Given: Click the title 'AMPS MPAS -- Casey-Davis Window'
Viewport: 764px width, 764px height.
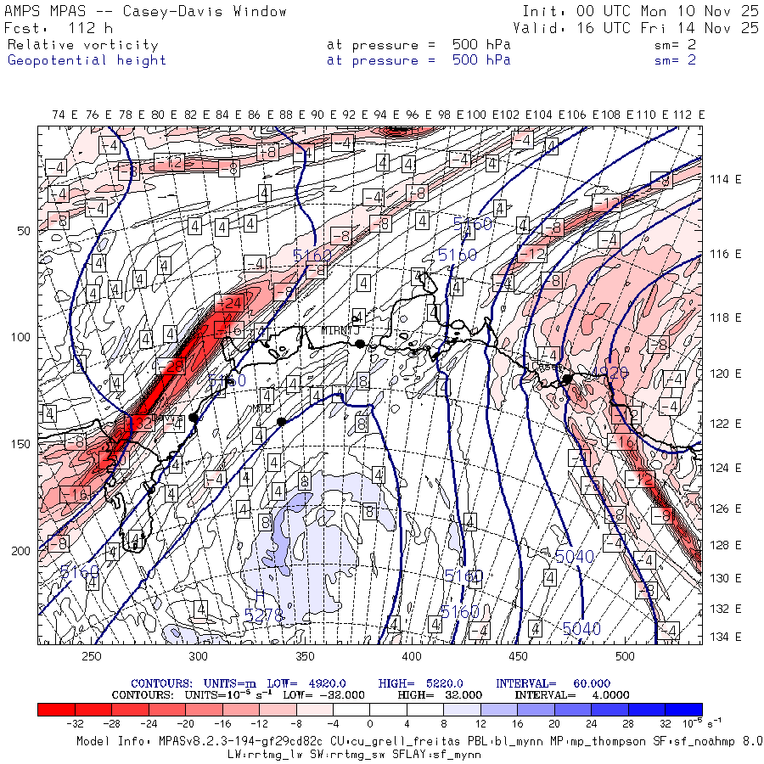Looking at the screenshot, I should [146, 12].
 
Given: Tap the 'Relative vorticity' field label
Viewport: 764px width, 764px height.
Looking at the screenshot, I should [83, 45].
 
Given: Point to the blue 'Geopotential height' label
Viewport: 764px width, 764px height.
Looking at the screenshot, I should [87, 60].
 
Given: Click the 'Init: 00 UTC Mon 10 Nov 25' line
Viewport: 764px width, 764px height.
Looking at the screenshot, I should [640, 12].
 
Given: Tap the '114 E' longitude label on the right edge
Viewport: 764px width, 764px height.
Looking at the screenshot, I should [727, 179].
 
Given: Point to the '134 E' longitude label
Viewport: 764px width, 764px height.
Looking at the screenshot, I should [727, 637].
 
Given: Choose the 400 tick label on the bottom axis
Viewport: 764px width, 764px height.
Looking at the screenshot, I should [412, 656].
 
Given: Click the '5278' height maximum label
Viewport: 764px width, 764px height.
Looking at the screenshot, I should [264, 615].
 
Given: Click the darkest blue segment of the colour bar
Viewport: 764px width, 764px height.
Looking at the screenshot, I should [683, 710].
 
